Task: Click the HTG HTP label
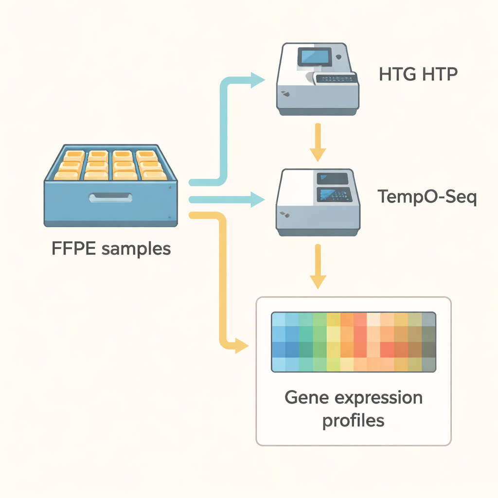pyautogui.click(x=418, y=74)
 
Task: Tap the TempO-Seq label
pyautogui.click(x=427, y=196)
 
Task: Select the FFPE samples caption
pyautogui.click(x=111, y=249)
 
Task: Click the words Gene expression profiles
pyautogui.click(x=354, y=409)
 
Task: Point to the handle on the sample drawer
pyautogui.click(x=110, y=197)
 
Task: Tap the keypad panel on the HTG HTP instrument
pyautogui.click(x=336, y=79)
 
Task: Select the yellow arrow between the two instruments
pyautogui.click(x=318, y=142)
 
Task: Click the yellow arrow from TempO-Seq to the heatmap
pyautogui.click(x=318, y=267)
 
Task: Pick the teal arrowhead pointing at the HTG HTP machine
pyautogui.click(x=257, y=80)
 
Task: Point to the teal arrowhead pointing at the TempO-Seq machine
pyautogui.click(x=257, y=199)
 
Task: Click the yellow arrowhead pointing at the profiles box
pyautogui.click(x=241, y=346)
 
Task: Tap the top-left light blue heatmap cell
pyautogui.click(x=279, y=319)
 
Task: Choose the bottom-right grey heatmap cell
pyautogui.click(x=429, y=365)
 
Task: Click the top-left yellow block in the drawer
pyautogui.click(x=74, y=155)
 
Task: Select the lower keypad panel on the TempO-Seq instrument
pyautogui.click(x=334, y=195)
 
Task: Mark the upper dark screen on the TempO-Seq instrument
pyautogui.click(x=332, y=179)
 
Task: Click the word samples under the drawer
pyautogui.click(x=136, y=249)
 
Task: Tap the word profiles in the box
pyautogui.click(x=353, y=421)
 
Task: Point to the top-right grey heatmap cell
pyautogui.click(x=429, y=319)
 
